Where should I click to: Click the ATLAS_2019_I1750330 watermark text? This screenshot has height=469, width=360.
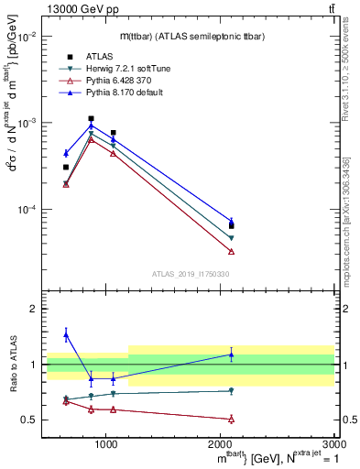(x=191, y=274)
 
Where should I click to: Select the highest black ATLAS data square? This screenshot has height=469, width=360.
(x=91, y=118)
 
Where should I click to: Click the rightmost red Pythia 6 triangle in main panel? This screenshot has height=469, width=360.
(x=231, y=251)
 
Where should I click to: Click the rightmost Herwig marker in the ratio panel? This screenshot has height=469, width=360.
(x=231, y=391)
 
